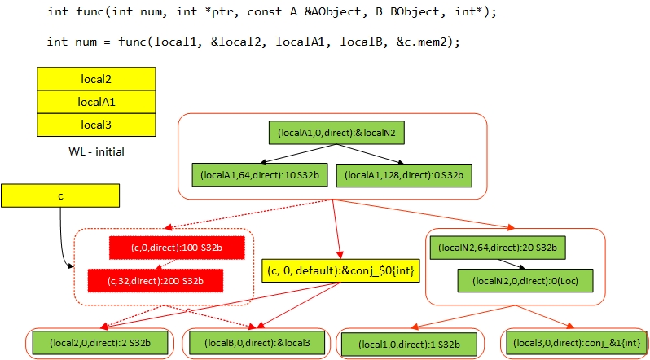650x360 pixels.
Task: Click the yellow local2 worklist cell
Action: coord(96,79)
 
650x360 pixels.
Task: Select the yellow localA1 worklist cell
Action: coord(96,102)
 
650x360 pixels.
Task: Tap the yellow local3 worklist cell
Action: coord(96,125)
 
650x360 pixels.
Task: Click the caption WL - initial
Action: coord(96,151)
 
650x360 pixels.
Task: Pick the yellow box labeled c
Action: coord(60,195)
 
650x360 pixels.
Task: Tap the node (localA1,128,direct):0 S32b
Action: coord(406,175)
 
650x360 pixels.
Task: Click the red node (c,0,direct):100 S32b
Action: coord(165,246)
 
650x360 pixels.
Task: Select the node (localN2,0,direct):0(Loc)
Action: coord(524,281)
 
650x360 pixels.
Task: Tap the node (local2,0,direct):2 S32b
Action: coord(99,343)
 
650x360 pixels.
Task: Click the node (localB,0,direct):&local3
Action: coord(255,343)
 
